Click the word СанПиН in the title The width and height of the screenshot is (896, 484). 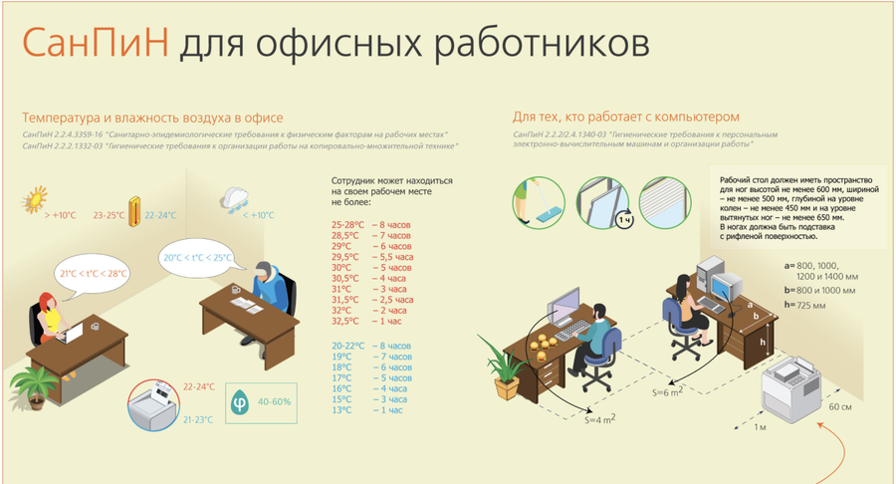(x=94, y=44)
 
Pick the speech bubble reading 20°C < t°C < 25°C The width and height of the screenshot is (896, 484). (x=198, y=257)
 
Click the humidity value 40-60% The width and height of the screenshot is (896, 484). (x=274, y=401)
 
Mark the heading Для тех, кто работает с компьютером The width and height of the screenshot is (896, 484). (x=627, y=117)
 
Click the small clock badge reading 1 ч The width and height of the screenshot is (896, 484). (x=624, y=219)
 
